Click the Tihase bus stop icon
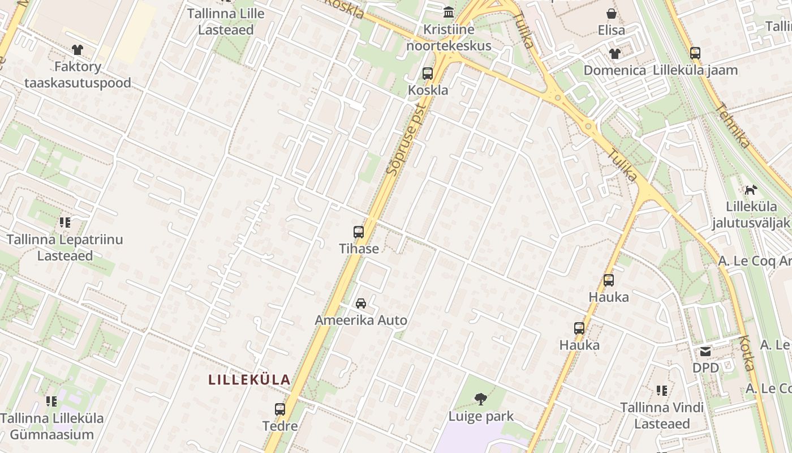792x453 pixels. pos(359,232)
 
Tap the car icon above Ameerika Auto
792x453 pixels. pos(361,304)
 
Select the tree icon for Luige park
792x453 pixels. pos(481,399)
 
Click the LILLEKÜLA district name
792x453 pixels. pos(249,379)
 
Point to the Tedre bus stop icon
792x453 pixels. pos(280,409)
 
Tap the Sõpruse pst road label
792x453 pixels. pos(406,139)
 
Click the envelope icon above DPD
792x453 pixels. pos(705,352)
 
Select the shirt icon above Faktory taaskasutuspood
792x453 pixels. pos(78,50)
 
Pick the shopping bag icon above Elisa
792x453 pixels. pos(612,14)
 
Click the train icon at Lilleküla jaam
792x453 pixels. pos(695,54)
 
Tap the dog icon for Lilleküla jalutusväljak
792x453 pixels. pos(751,190)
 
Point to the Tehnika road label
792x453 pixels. pos(733,125)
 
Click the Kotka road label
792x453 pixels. pos(747,353)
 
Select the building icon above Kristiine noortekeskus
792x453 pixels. pos(449,12)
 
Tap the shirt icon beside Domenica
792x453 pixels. pos(615,54)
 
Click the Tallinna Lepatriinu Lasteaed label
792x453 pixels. pos(65,247)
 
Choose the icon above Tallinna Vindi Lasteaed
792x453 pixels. pos(662,391)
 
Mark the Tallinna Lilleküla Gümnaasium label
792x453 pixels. pos(52,426)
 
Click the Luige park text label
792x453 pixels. pos(481,416)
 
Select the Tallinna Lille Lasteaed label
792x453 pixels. pos(226,22)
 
